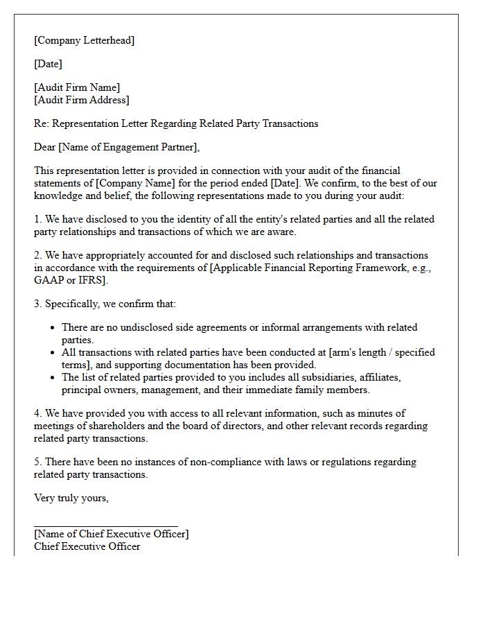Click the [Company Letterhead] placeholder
point(84,40)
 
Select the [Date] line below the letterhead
point(48,64)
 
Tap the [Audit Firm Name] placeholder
point(76,87)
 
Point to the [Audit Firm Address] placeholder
point(81,100)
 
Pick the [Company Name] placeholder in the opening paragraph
point(130,183)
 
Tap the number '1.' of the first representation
point(38,219)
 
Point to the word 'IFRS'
point(92,280)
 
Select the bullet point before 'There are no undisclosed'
point(53,328)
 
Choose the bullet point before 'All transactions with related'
point(53,353)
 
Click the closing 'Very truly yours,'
point(71,498)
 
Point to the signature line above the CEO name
point(105,526)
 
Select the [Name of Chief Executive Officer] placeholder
point(111,534)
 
